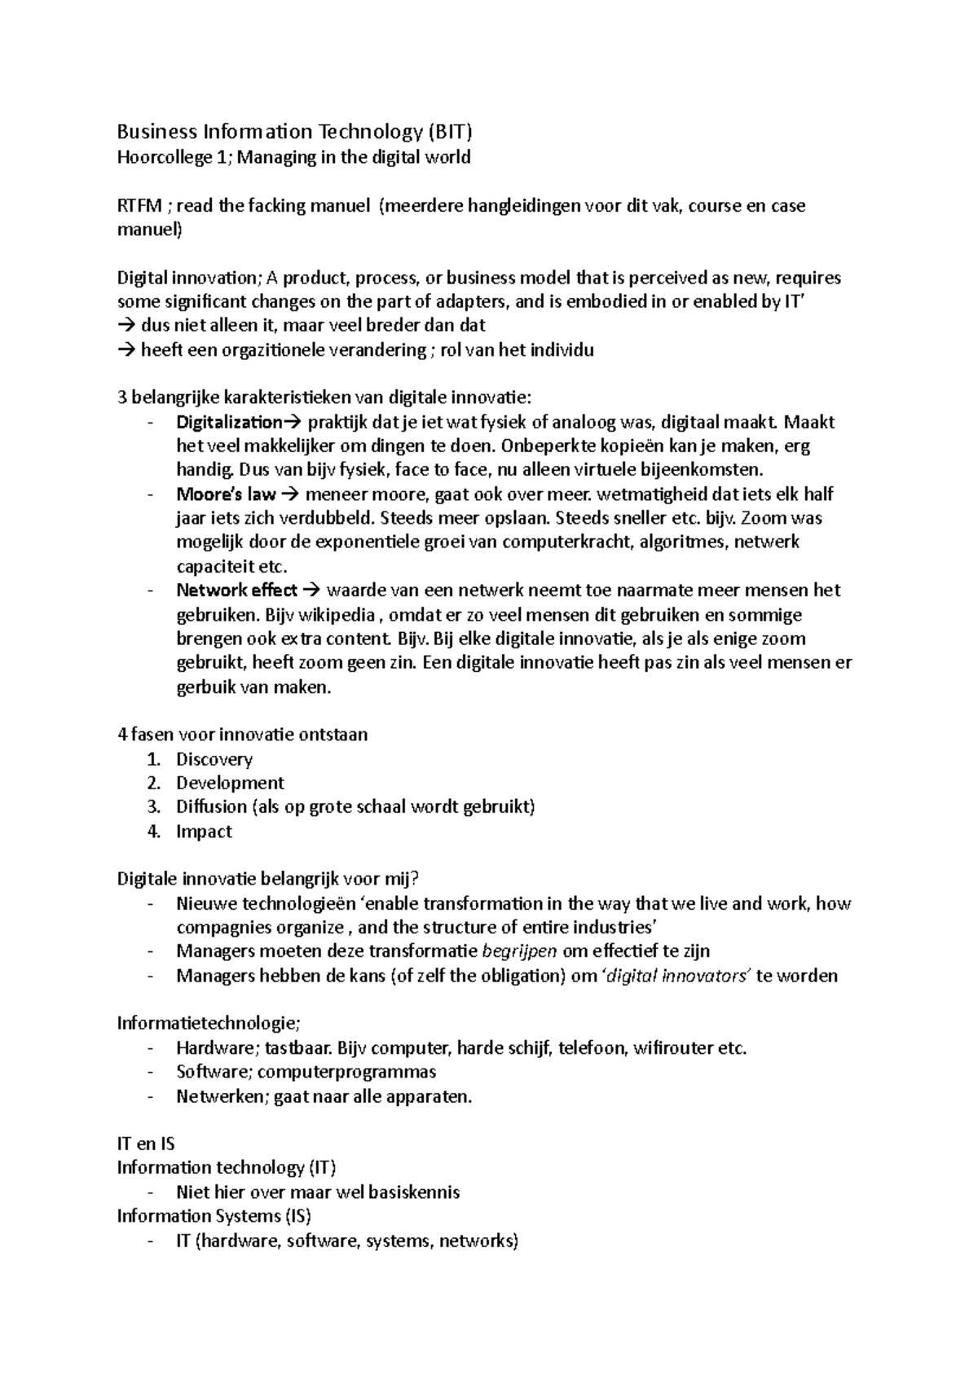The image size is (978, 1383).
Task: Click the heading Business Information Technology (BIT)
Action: tap(294, 132)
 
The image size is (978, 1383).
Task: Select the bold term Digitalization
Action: tap(228, 422)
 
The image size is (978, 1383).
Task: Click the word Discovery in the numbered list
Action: tap(214, 759)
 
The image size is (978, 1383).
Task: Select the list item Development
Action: tap(230, 783)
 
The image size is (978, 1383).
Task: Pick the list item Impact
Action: tap(204, 832)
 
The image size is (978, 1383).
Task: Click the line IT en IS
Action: tap(146, 1144)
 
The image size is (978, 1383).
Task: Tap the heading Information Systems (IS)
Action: tap(214, 1216)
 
